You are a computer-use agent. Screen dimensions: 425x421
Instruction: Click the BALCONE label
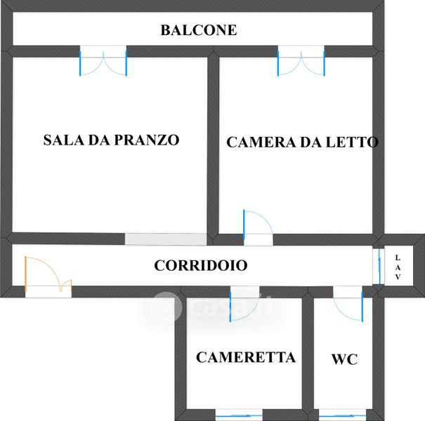pos(198,30)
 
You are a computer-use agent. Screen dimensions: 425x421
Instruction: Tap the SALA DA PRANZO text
pos(111,140)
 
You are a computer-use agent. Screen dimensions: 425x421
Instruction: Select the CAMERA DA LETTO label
pos(302,142)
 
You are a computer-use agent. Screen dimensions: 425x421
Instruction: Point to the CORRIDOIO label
pos(200,266)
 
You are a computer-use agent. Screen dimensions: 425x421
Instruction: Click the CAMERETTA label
pos(245,357)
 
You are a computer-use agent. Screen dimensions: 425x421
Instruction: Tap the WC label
pos(344,359)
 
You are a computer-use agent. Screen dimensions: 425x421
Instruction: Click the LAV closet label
pos(398,267)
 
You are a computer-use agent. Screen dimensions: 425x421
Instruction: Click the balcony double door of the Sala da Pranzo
pos(103,61)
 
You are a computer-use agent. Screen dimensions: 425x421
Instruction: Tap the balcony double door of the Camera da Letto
pos(301,61)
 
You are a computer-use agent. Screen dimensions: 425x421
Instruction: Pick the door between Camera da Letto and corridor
pos(257,226)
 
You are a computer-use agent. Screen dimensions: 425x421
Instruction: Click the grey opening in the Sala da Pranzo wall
pos(166,239)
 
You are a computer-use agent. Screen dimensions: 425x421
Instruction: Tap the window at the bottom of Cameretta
pos(239,413)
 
